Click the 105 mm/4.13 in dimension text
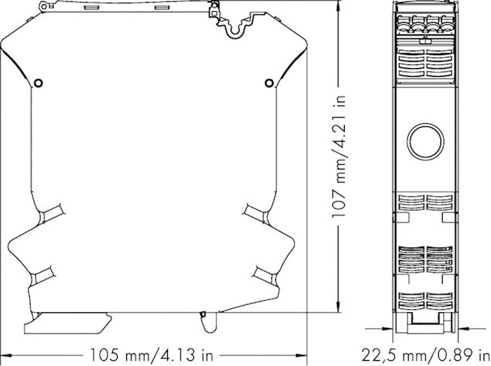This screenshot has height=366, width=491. click(152, 355)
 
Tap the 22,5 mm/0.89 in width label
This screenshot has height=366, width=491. click(426, 355)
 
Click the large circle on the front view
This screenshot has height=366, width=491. click(426, 142)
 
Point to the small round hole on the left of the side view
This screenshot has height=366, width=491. click(38, 83)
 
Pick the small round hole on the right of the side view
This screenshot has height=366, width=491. click(269, 83)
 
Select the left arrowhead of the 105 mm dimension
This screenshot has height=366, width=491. click(5, 355)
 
